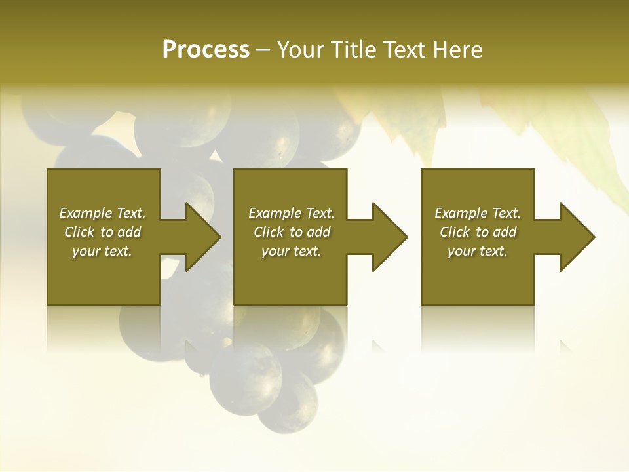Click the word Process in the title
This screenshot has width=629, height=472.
coord(206,50)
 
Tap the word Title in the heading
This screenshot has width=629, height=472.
coord(354,50)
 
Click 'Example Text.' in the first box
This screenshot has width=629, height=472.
coord(102,213)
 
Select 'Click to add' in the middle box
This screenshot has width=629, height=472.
coord(292,232)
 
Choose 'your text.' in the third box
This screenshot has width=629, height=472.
coord(478,251)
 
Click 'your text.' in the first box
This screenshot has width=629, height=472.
coord(102,251)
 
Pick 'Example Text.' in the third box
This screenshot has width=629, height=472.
coord(478,213)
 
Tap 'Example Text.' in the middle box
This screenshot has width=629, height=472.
coord(292,213)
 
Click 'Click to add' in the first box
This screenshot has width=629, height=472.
coord(102,232)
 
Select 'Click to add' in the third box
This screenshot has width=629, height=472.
coord(478,232)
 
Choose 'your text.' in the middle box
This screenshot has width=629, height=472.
coord(292,251)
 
